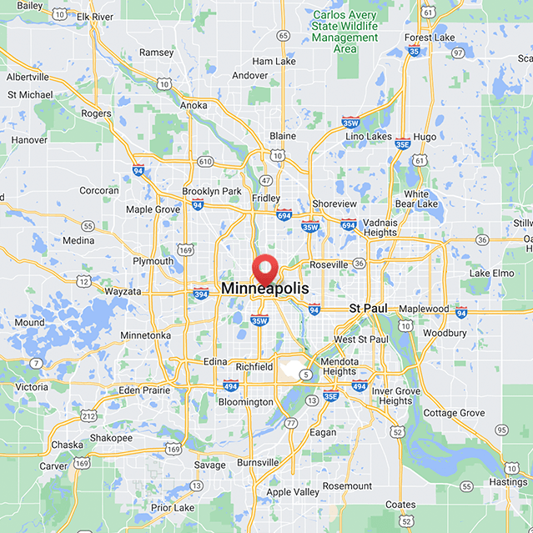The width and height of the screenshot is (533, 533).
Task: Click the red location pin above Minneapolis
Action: (x=266, y=269)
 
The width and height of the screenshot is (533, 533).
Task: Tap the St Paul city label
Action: (x=368, y=309)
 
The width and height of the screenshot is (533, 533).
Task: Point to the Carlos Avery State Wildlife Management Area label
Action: (x=344, y=32)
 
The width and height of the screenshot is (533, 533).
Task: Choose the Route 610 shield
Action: (x=204, y=160)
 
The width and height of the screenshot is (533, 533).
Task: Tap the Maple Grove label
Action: (x=153, y=209)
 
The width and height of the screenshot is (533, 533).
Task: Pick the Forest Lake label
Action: (x=430, y=38)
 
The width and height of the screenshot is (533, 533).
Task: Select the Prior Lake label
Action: (x=173, y=507)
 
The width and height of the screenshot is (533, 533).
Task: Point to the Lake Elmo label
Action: (x=491, y=273)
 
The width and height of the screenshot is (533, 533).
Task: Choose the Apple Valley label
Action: (x=292, y=492)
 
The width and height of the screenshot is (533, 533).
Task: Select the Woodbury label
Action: (x=445, y=333)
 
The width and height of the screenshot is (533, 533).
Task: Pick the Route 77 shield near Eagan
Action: (x=290, y=423)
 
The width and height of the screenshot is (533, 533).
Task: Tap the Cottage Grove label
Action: (x=454, y=413)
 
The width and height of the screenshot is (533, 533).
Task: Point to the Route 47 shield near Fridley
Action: (x=266, y=180)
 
